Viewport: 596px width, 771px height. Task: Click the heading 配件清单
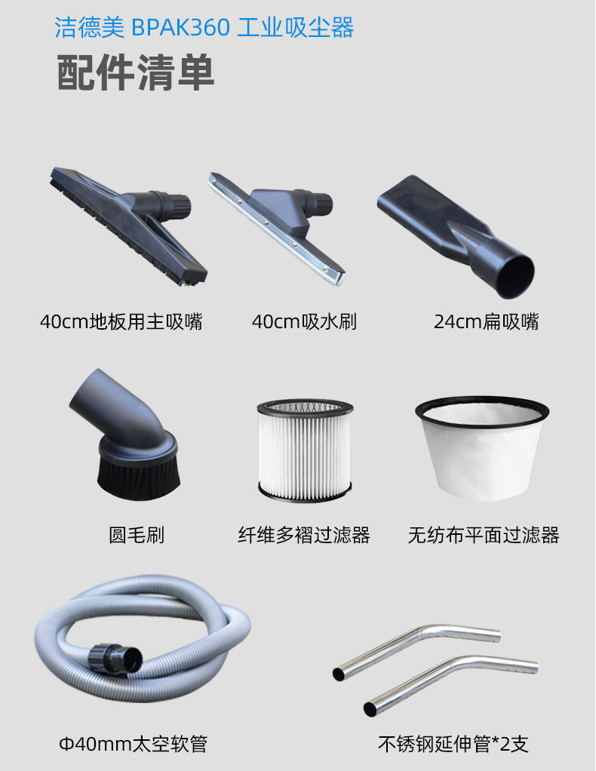[136, 72]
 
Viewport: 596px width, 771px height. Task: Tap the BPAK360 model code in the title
[180, 27]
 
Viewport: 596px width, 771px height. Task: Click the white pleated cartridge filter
[305, 450]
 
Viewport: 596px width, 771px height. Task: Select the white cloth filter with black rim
[482, 447]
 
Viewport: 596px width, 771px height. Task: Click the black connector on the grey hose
[116, 659]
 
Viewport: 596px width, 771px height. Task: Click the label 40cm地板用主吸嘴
[121, 321]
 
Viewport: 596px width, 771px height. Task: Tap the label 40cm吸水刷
[304, 321]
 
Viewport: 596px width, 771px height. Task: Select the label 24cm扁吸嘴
[487, 321]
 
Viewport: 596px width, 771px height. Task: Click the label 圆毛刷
[137, 535]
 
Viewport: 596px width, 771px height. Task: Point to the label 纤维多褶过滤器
[304, 535]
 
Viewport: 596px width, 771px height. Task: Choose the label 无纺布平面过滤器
[484, 535]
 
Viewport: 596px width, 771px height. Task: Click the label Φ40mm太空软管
[134, 744]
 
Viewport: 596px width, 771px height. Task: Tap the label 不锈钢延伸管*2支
[453, 744]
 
